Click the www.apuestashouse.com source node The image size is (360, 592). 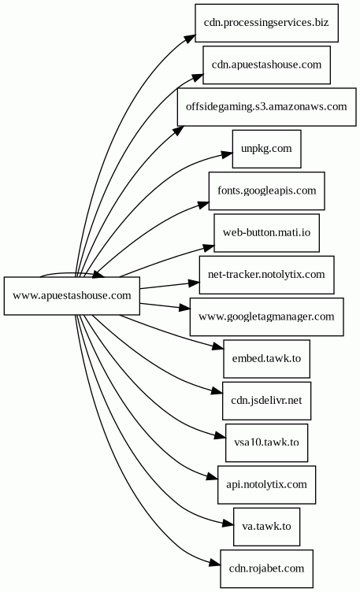coord(72,296)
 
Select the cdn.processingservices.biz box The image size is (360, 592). coord(266,23)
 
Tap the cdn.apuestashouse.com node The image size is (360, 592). coord(266,65)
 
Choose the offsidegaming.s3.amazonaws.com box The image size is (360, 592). coord(266,107)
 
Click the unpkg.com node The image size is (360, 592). coord(266,149)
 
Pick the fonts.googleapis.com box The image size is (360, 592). coord(266,191)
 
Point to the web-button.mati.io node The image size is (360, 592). coord(266,232)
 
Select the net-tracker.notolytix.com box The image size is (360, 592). coord(266,275)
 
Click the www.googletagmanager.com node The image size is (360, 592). coord(266,316)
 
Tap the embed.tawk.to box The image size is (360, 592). coord(266,358)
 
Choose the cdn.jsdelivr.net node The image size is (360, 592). coord(266,400)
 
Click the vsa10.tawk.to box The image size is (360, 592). coord(266,442)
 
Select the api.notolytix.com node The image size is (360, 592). coord(266,484)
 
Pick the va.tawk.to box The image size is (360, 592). coord(266,527)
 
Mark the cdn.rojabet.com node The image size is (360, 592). coord(266,568)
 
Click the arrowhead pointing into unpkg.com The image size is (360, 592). coord(227,154)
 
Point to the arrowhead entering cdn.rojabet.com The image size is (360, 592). coord(215,564)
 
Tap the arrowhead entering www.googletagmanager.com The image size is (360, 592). coord(184,308)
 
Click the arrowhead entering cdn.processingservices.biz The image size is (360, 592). coord(191,39)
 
